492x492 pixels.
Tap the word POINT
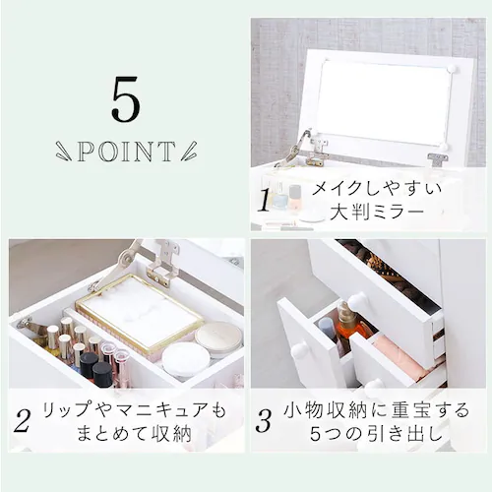[124, 153]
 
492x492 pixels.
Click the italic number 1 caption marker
[264, 200]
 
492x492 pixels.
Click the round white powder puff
[185, 359]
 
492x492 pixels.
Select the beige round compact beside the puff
[218, 338]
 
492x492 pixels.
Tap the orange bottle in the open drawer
[347, 319]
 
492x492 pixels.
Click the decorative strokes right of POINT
[189, 153]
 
